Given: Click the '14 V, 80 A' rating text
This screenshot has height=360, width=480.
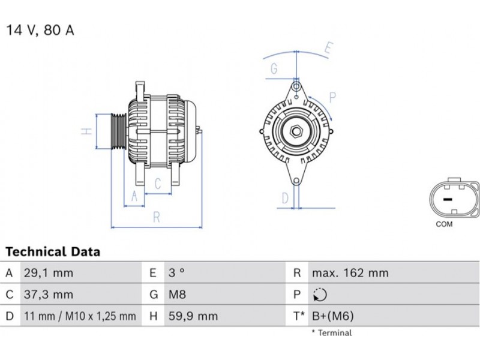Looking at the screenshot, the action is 40,31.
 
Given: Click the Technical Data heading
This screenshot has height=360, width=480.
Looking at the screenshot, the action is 53,251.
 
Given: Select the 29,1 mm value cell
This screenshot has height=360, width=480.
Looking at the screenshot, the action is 49,273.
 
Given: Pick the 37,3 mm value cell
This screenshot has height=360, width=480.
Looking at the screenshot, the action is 49,295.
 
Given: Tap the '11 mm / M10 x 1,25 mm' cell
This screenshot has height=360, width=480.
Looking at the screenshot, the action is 80,316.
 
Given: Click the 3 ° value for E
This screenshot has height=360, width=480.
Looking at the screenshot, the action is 176,273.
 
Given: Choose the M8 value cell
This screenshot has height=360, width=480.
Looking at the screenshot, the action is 177,295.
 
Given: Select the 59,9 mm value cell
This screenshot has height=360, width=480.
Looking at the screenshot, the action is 193,316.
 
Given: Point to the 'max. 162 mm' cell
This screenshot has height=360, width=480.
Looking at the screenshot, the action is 350,273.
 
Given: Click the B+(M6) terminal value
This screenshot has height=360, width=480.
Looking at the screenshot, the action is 333,316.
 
